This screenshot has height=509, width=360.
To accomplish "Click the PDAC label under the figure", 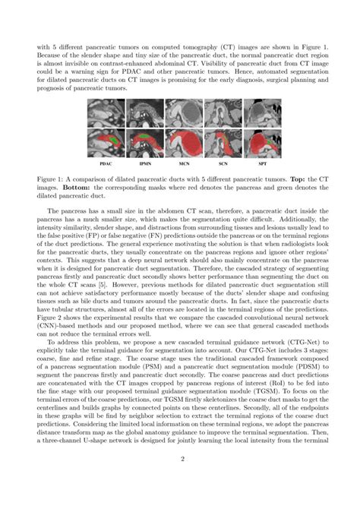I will pyautogui.click(x=106, y=163).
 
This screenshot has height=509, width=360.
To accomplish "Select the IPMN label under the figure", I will pyautogui.click(x=144, y=163).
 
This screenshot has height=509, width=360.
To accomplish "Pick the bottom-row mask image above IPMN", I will pyautogui.click(x=144, y=143).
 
